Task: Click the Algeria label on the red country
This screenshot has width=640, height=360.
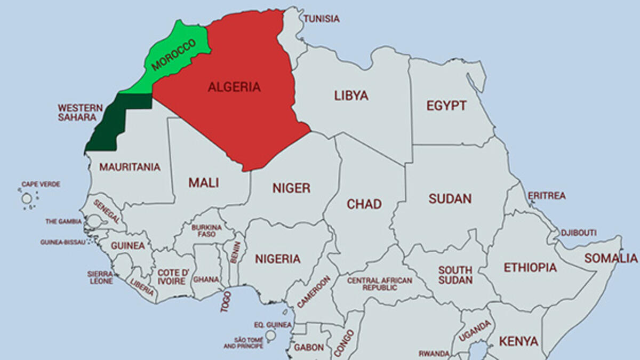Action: click(x=234, y=87)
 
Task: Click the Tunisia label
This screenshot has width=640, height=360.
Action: click(x=322, y=19)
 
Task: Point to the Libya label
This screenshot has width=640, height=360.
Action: click(x=351, y=95)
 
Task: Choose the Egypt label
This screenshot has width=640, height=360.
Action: click(x=446, y=106)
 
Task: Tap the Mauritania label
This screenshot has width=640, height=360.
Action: click(x=130, y=167)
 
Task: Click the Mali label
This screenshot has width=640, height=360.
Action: click(x=204, y=182)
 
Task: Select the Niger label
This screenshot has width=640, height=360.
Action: click(x=291, y=188)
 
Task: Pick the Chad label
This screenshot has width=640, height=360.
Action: click(x=364, y=204)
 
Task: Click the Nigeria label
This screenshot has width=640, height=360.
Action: click(x=277, y=259)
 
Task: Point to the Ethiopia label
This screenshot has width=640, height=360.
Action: click(x=530, y=267)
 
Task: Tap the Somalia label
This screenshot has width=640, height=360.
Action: click(x=611, y=258)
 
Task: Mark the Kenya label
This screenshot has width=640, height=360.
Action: click(x=518, y=341)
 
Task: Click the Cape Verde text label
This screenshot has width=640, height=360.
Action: click(x=41, y=184)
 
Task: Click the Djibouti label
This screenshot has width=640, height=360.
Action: click(x=578, y=233)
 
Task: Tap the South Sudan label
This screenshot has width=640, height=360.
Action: click(x=455, y=275)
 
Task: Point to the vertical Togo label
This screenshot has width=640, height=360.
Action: click(x=226, y=301)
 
